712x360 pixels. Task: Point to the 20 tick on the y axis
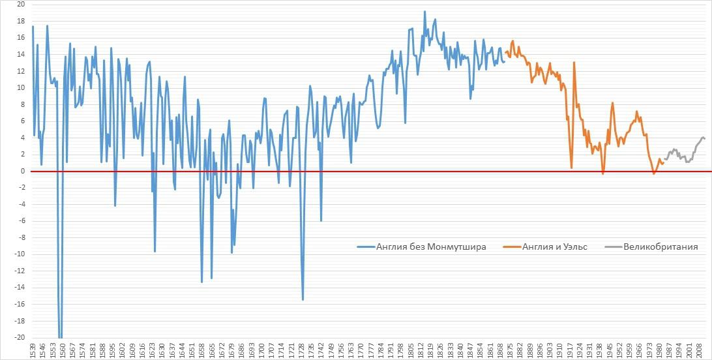21,5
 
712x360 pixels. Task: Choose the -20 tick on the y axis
20,338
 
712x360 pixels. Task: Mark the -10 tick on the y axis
20,254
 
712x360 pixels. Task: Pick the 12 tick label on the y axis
21,71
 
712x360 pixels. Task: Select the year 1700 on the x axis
261,350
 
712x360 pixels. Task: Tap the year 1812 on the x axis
423,350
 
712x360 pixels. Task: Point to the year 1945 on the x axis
612,350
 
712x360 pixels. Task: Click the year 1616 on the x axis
141,350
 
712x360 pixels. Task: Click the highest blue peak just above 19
424,11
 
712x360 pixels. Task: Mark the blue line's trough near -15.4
303,299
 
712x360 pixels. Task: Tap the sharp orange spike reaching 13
574,63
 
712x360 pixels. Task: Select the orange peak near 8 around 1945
613,103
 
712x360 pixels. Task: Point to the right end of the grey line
705,138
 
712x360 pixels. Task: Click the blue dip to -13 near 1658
202,282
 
